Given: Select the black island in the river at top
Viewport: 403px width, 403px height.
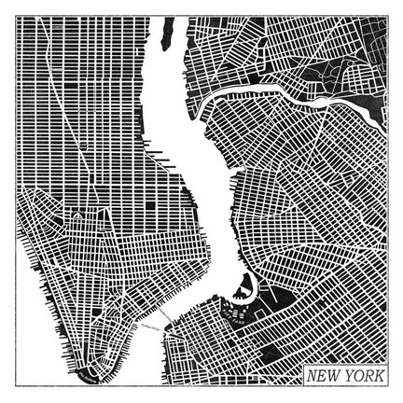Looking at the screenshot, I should [169, 42].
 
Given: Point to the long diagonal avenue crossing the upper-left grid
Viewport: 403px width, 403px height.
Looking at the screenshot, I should [56, 103].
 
